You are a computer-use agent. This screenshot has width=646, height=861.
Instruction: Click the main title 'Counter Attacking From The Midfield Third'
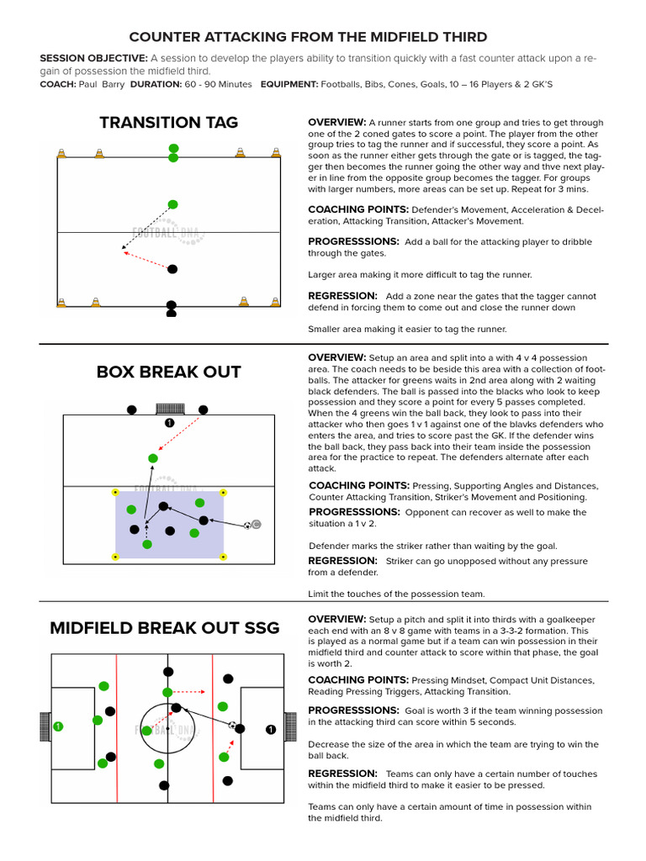pos(308,37)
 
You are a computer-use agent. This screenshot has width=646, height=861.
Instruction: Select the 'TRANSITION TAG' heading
pos(168,123)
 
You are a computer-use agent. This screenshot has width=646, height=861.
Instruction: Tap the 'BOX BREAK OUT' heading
pos(168,372)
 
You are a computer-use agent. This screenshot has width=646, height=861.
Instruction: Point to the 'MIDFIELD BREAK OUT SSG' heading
pos(168,628)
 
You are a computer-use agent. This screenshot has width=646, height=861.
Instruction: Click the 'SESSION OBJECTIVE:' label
pos(93,58)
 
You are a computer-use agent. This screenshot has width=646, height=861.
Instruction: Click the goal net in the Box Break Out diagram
pos(169,409)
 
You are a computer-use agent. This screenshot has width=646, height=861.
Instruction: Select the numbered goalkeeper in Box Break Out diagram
pos(169,423)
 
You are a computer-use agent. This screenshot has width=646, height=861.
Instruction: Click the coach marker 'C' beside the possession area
pos(257,525)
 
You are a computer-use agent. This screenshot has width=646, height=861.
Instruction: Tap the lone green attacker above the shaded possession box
pos(152,458)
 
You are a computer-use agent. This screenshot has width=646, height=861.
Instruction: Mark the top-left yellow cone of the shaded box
pos(116,492)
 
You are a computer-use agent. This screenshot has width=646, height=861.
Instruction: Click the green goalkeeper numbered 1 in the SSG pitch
pos(57,726)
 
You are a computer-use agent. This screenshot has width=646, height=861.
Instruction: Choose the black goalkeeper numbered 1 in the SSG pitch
pos(270,729)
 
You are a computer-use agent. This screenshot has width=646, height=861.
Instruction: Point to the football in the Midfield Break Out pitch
pos(232,725)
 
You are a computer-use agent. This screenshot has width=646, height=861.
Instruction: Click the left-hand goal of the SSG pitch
pos(45,726)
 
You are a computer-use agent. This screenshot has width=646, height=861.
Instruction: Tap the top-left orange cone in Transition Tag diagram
pos(61,153)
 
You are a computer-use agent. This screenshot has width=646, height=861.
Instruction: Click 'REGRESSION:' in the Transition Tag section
pos(342,296)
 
